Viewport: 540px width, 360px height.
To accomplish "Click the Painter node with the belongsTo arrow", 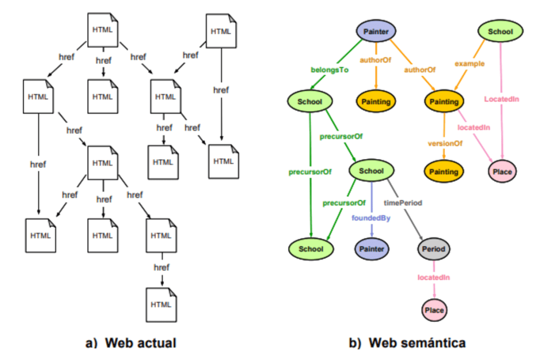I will point(377,32).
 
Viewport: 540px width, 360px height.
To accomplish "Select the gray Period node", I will point(434,248).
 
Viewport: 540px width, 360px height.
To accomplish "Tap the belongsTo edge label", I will point(330,69).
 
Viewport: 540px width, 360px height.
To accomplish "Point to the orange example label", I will point(469,64).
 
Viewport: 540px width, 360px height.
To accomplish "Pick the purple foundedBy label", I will point(371,218).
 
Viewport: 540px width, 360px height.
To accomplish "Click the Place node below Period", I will point(434,310).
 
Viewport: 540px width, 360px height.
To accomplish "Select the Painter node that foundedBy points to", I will point(371,248).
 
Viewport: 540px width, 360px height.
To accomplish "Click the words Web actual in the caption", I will point(140,343).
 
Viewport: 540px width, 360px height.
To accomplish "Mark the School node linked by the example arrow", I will point(500,32).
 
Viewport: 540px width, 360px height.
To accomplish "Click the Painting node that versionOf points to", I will point(444,171).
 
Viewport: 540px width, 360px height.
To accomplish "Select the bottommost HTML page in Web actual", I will point(161,304).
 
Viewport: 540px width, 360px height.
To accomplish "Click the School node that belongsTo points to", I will point(310,102).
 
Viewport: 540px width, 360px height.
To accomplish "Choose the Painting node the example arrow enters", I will point(444,102).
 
